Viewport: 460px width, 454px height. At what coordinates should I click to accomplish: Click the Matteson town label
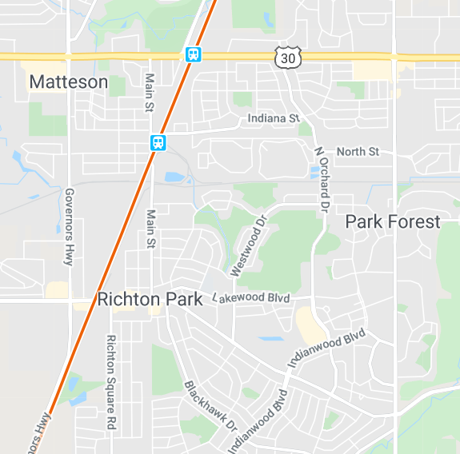pyautogui.click(x=68, y=82)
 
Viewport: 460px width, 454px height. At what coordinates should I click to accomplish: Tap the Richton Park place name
pyautogui.click(x=150, y=300)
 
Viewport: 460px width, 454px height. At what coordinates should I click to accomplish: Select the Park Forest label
pyautogui.click(x=393, y=221)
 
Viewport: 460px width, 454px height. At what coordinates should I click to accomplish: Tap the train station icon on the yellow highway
pyautogui.click(x=193, y=54)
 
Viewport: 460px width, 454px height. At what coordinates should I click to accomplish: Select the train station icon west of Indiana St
pyautogui.click(x=158, y=143)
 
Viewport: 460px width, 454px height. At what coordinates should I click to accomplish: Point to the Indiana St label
pyautogui.click(x=273, y=119)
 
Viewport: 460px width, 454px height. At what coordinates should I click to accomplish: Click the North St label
pyautogui.click(x=358, y=151)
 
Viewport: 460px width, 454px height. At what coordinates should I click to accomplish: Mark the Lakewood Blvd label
pyautogui.click(x=252, y=297)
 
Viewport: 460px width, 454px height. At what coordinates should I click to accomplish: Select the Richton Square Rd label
pyautogui.click(x=111, y=382)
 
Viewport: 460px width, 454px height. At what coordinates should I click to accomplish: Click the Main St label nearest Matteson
pyautogui.click(x=150, y=93)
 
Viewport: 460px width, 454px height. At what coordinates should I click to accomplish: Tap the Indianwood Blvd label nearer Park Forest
pyautogui.click(x=326, y=348)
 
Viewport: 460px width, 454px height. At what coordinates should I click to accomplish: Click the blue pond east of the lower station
pyautogui.click(x=174, y=177)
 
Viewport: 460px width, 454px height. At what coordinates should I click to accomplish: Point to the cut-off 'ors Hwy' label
pyautogui.click(x=37, y=432)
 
